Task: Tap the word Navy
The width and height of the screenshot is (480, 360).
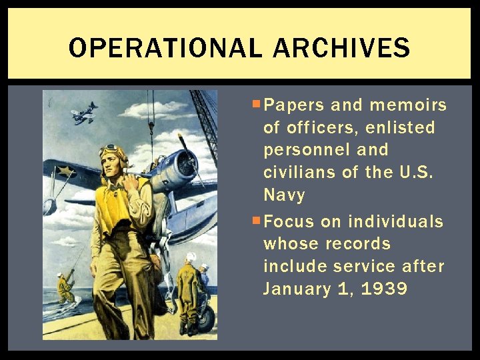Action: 284,195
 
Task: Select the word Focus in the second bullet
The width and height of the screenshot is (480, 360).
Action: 289,221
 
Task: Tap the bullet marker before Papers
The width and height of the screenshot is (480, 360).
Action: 257,104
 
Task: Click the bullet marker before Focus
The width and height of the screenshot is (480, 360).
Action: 257,220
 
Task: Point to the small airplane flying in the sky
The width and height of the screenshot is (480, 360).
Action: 84,113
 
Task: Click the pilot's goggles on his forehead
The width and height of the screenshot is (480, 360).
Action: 111,151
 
